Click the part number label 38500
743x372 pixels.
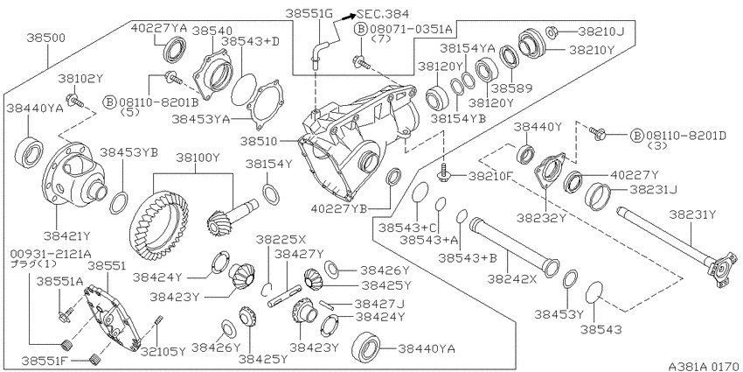pos(46,37)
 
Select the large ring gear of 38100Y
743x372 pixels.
pos(159,223)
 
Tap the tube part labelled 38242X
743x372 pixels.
pos(514,245)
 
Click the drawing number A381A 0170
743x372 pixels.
pos(703,366)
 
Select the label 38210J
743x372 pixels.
pos(601,32)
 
